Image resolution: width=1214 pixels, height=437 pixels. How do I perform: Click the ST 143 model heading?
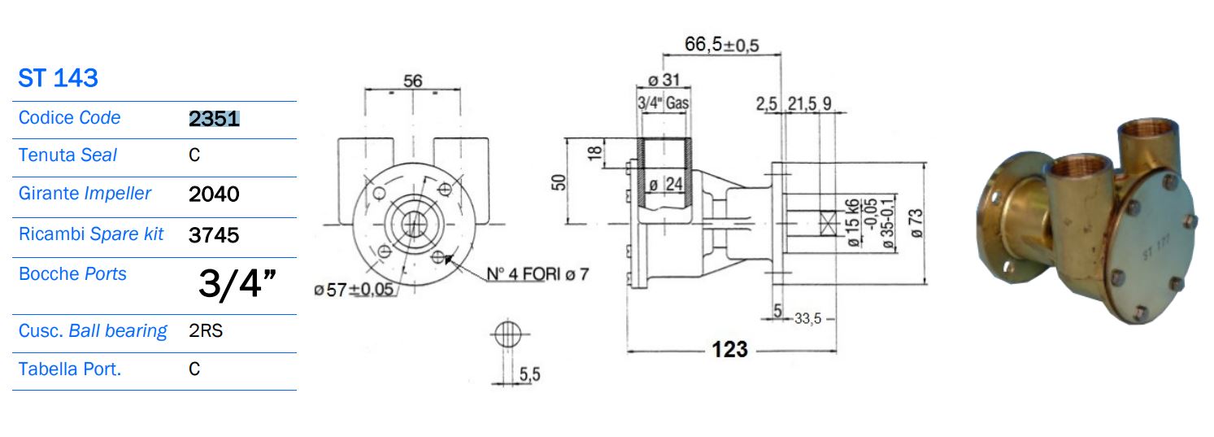[x=58, y=78]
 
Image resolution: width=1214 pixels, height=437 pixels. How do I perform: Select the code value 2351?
[x=214, y=120]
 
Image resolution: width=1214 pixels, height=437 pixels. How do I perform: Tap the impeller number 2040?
[x=213, y=194]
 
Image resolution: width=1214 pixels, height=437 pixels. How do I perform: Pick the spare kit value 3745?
[x=213, y=235]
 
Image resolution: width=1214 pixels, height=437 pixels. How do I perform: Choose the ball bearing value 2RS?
[x=206, y=331]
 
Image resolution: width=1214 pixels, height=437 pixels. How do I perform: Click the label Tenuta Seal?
[x=67, y=155]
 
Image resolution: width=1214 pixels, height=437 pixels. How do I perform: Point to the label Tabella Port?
[x=69, y=369]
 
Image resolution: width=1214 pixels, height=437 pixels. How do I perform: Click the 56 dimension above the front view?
[x=413, y=81]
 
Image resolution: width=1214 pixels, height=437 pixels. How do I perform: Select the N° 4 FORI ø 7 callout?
[x=537, y=274]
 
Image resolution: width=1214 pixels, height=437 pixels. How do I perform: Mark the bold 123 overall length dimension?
[x=729, y=349]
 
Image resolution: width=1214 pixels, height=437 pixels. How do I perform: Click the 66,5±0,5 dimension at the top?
[x=721, y=45]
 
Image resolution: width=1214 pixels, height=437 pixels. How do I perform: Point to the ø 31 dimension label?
[x=664, y=81]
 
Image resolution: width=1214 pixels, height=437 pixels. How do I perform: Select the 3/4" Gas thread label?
[x=663, y=104]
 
